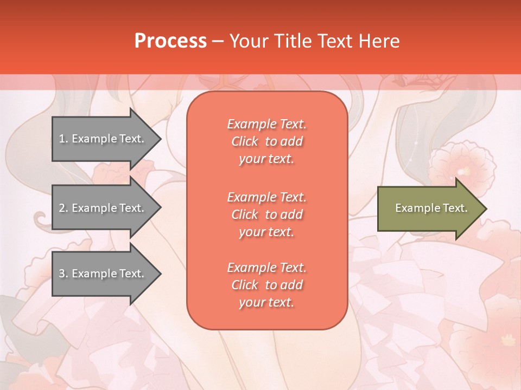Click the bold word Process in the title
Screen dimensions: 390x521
coord(170,41)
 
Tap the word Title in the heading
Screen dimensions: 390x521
coord(293,41)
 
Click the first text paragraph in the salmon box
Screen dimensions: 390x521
coord(266,141)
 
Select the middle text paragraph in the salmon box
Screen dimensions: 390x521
coord(266,214)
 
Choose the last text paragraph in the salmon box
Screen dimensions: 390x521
coord(266,285)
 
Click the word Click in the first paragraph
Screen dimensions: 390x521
coord(245,141)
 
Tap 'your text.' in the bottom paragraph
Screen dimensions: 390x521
coord(266,302)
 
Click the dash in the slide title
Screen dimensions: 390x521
coord(218,41)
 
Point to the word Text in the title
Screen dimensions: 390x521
coord(334,41)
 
